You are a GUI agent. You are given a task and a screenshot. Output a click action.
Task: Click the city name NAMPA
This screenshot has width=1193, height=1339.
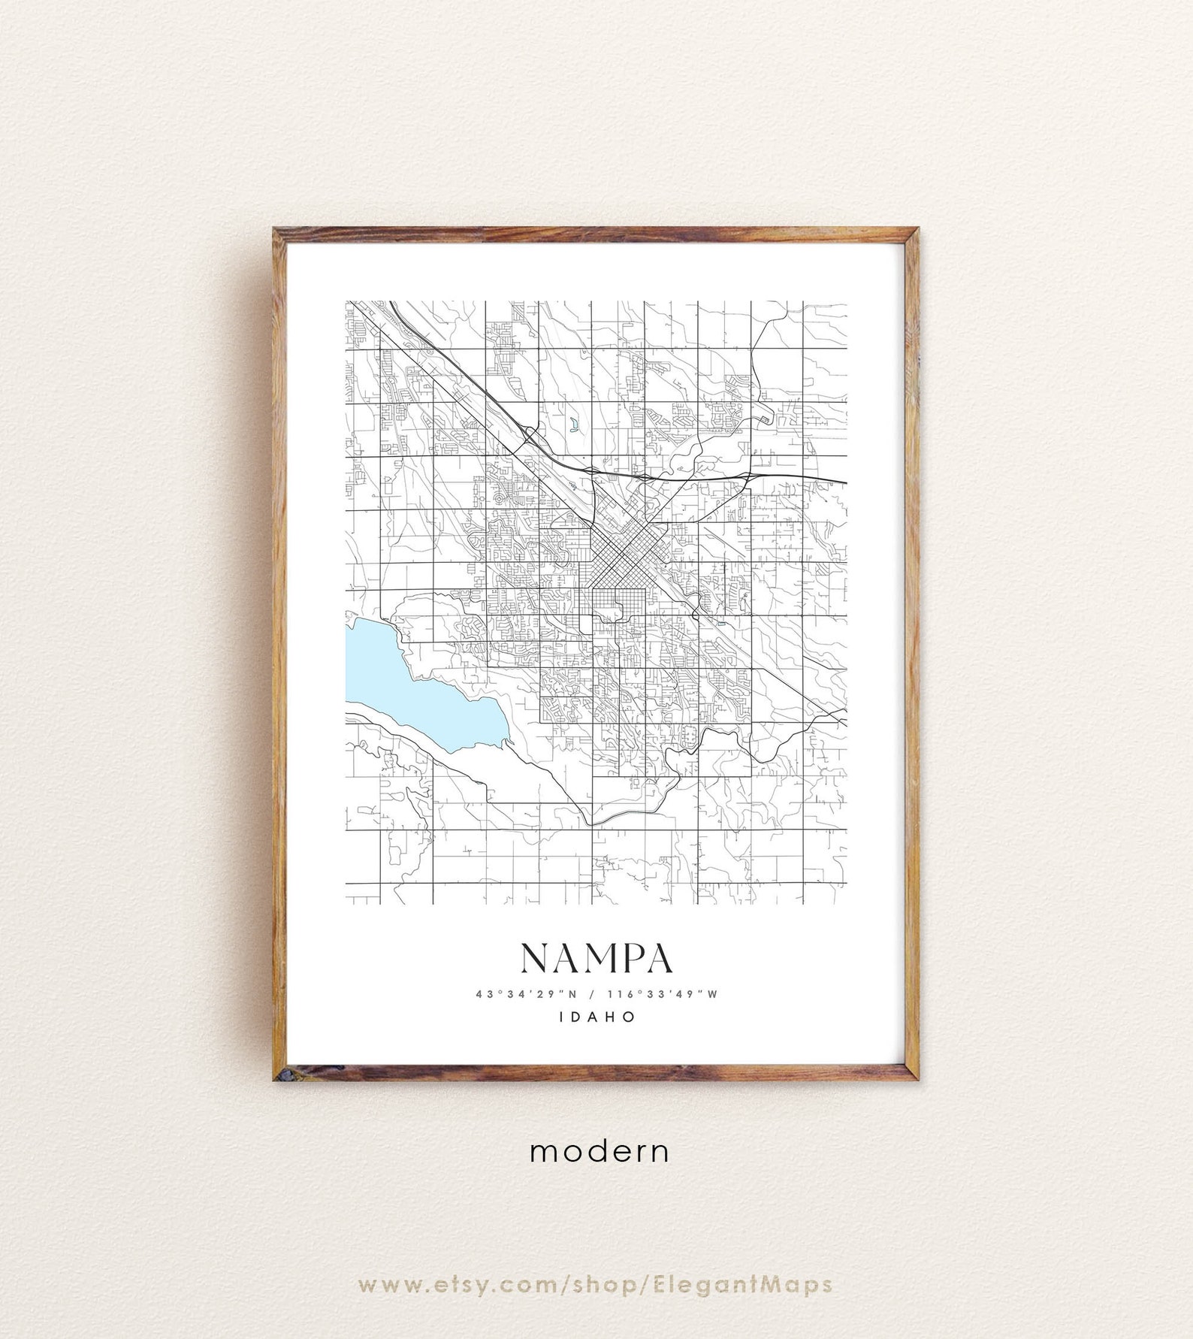pos(596,957)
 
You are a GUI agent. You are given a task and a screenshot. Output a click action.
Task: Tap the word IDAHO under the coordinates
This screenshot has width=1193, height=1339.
pos(596,1017)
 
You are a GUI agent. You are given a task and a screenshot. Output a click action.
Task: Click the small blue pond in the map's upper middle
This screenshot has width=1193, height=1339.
pos(574,428)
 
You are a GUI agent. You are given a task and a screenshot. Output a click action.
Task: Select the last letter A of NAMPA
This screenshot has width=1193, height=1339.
pos(659,957)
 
